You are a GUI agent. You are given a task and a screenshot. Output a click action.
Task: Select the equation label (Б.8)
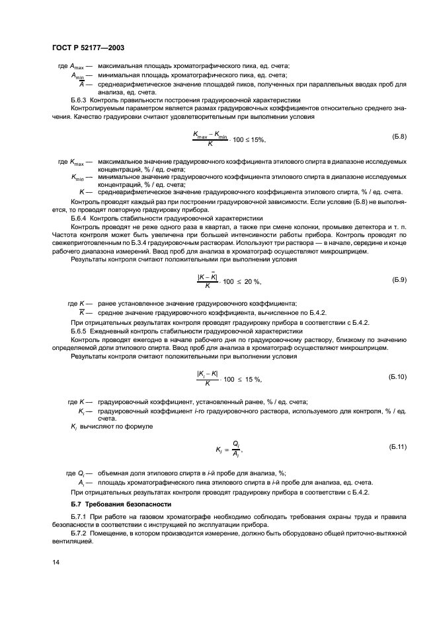pyautogui.click(x=399, y=137)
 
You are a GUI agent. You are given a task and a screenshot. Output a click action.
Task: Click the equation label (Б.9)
pyautogui.click(x=399, y=280)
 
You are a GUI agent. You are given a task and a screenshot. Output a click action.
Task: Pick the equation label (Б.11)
pyautogui.click(x=398, y=447)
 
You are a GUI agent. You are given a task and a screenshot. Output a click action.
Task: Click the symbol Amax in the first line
pyautogui.click(x=77, y=67)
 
